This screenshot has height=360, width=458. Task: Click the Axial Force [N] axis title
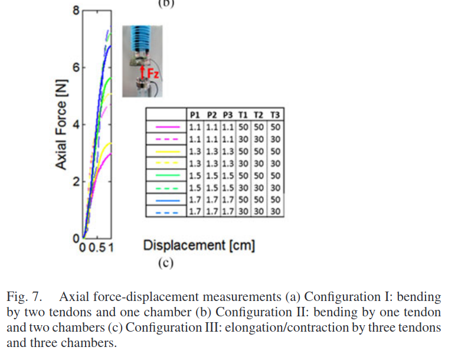click(61, 125)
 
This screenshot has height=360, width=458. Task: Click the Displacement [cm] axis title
click(199, 245)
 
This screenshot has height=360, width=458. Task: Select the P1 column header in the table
click(195, 114)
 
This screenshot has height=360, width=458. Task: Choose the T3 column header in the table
click(276, 114)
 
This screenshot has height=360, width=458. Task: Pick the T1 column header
click(243, 114)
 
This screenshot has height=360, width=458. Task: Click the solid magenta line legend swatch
click(166, 127)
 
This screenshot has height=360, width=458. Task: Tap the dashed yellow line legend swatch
click(166, 163)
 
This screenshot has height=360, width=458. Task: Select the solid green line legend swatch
click(166, 175)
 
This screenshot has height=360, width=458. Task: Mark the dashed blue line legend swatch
click(166, 211)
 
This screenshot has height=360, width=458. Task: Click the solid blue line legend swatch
click(166, 199)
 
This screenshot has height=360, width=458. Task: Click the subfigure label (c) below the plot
click(165, 263)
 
